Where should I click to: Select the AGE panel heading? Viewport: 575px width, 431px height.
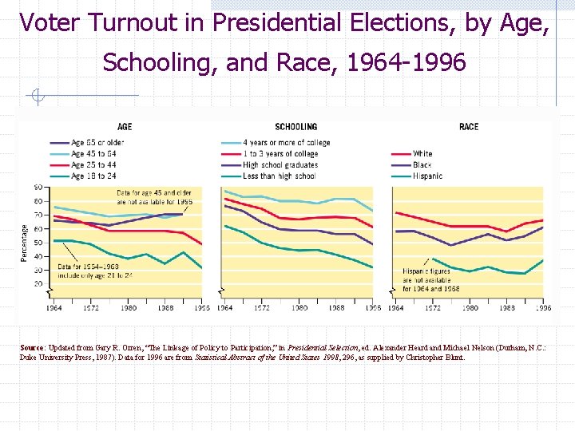coord(125,127)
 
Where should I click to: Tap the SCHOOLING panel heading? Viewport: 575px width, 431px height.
coord(295,127)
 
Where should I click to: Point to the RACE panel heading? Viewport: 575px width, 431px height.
coord(469,127)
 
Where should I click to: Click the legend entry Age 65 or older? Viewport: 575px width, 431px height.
coord(97,143)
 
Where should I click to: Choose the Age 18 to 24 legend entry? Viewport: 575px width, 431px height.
coord(93,176)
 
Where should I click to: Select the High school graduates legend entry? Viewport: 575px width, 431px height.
coord(280,165)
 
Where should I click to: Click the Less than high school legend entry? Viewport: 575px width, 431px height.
coord(279,176)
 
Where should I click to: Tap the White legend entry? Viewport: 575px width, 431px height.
coord(422,154)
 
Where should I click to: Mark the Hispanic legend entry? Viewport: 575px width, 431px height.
coord(427,176)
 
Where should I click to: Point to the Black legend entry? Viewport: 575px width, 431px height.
coord(422,165)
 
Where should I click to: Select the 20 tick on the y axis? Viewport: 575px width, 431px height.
coord(38,283)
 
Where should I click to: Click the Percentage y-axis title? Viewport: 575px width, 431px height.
coord(23,242)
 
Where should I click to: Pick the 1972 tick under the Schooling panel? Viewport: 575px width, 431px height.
coord(262,308)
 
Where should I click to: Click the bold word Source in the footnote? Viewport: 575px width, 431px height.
coord(32,348)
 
